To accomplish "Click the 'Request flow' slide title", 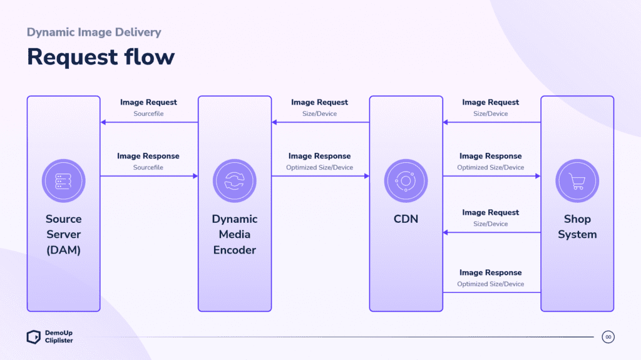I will click(x=101, y=56).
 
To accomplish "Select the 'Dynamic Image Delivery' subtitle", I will click(x=94, y=32).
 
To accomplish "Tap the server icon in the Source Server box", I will click(x=63, y=181).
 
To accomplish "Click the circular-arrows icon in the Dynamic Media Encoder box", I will click(x=235, y=181).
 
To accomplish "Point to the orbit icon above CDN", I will click(x=406, y=181).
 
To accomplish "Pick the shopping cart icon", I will click(x=577, y=181).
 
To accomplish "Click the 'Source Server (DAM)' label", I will click(x=63, y=234).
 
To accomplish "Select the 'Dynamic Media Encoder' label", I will click(x=235, y=234).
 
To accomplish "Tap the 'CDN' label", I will click(x=406, y=219).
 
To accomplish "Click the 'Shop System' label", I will click(x=577, y=227).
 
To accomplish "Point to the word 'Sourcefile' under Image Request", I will click(x=148, y=114).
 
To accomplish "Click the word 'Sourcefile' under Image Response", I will click(x=148, y=168).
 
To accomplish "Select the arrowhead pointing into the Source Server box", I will click(x=103, y=123).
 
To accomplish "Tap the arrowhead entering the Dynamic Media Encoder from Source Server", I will click(x=195, y=177).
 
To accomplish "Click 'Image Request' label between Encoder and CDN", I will click(x=319, y=102).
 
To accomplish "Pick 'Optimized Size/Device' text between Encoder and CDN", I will click(x=319, y=168).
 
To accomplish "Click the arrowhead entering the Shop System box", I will click(x=537, y=177).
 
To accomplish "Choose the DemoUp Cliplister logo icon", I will click(x=34, y=337).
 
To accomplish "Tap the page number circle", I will click(x=608, y=337).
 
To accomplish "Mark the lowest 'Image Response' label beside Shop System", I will click(x=490, y=272).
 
